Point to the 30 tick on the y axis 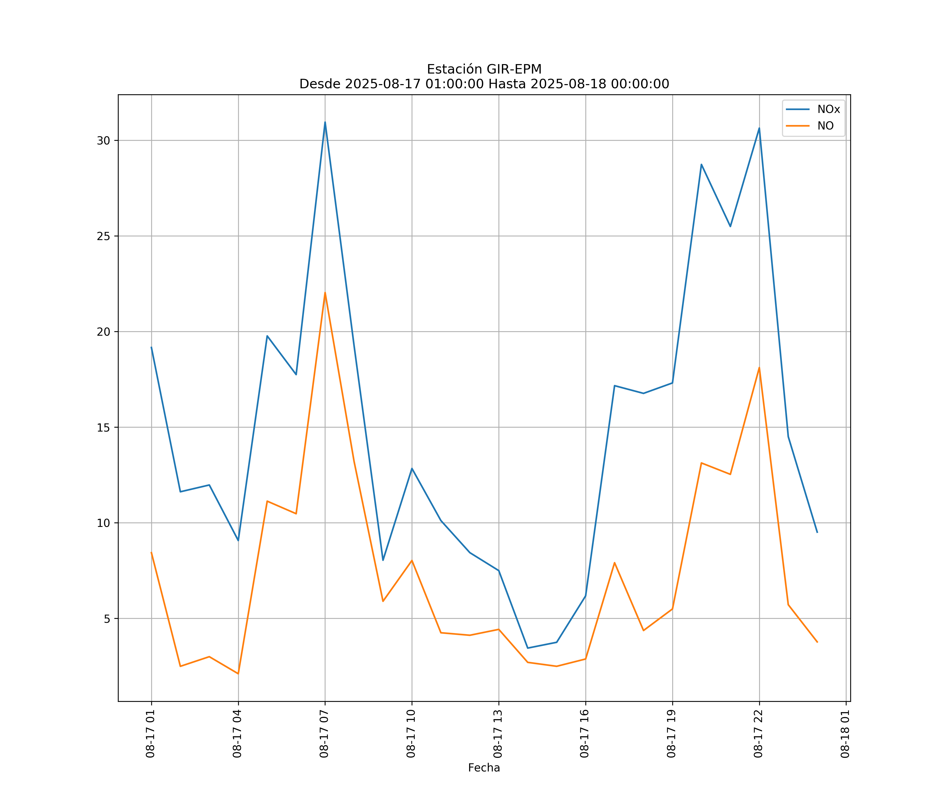pyautogui.click(x=103, y=141)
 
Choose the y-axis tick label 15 pyautogui.click(x=103, y=427)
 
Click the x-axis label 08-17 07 pyautogui.click(x=324, y=734)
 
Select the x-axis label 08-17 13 pyautogui.click(x=498, y=734)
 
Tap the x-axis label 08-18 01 pyautogui.click(x=845, y=734)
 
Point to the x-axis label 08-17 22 pyautogui.click(x=758, y=734)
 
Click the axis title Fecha pyautogui.click(x=484, y=768)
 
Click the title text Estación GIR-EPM pyautogui.click(x=484, y=69)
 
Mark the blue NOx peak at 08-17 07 pyautogui.click(x=325, y=122)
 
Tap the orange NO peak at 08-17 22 pyautogui.click(x=759, y=368)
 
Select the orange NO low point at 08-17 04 pyautogui.click(x=238, y=674)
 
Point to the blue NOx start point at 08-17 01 pyautogui.click(x=151, y=347)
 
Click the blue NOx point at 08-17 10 pyautogui.click(x=412, y=468)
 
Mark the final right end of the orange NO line pyautogui.click(x=817, y=642)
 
